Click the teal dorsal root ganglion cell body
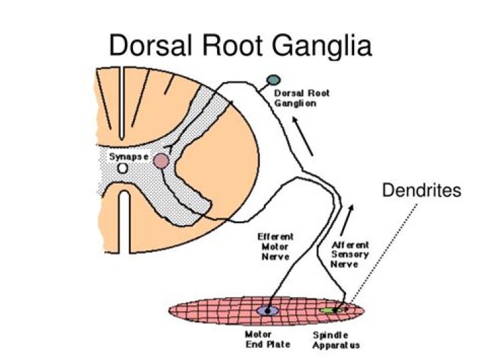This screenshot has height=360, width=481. (273, 80)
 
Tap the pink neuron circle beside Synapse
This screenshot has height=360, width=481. (161, 161)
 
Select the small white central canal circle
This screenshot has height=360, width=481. (123, 168)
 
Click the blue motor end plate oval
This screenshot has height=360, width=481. (268, 311)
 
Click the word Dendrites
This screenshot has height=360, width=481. (422, 190)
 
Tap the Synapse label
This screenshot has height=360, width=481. (129, 157)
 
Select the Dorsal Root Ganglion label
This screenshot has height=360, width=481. (301, 98)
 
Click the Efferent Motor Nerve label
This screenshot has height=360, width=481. (275, 246)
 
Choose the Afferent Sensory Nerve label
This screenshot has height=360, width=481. (350, 254)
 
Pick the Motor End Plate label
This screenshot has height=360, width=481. (268, 339)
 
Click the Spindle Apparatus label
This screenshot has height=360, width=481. (336, 340)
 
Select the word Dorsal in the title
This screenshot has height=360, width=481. (151, 45)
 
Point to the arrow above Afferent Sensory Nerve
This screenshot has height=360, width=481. (347, 220)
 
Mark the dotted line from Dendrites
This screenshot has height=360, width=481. (383, 253)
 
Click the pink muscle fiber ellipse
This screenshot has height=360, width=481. (267, 310)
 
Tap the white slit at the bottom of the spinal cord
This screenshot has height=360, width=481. (124, 222)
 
